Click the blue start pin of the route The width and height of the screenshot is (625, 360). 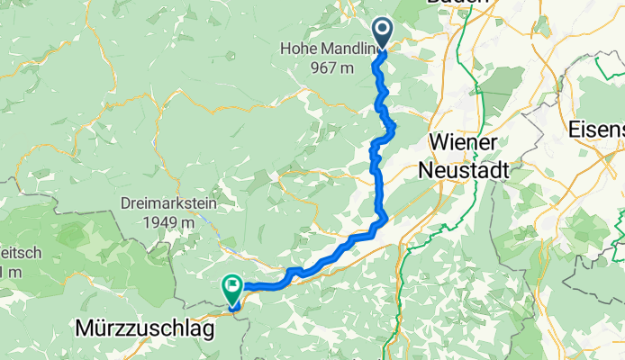tap(384, 33)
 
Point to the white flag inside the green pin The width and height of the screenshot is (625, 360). tap(232, 288)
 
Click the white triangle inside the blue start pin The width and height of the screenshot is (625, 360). tap(384, 31)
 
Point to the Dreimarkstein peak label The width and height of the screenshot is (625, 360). tap(168, 202)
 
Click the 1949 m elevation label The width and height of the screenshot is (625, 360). tap(168, 222)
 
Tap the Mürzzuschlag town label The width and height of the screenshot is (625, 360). tap(144, 331)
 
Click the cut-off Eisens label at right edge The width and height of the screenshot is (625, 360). tap(596, 130)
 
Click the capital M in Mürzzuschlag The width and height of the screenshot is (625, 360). tap(81, 330)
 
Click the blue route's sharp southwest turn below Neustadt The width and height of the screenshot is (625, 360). tap(385, 217)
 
